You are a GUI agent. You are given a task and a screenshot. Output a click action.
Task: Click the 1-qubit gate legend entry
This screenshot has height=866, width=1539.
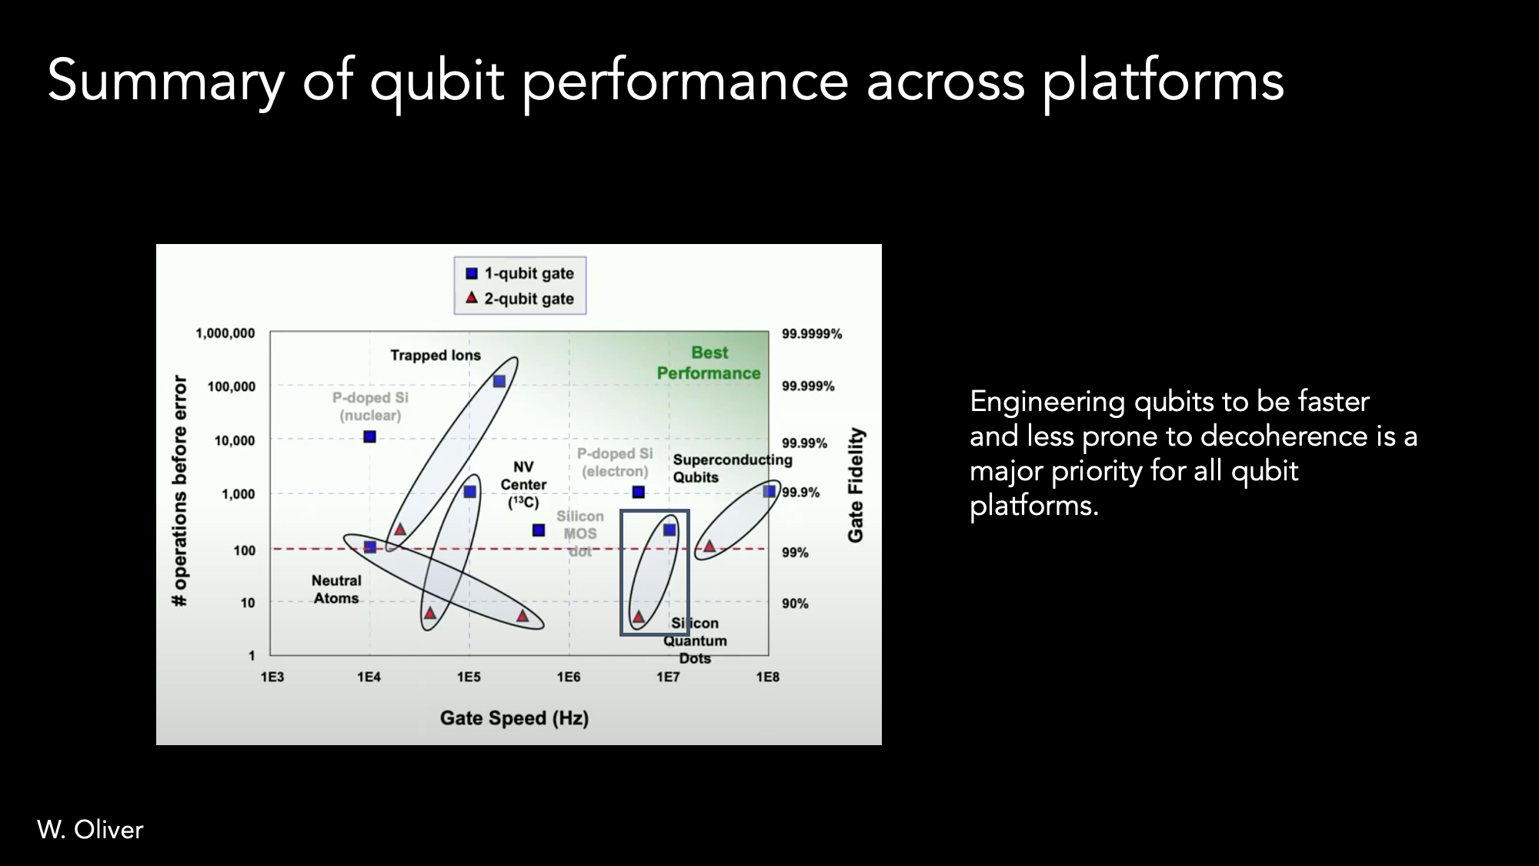[x=520, y=273]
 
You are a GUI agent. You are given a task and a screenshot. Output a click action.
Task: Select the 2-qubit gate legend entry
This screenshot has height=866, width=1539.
[x=520, y=299]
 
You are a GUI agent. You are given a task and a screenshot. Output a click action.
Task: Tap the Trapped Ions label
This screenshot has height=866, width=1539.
[x=436, y=355]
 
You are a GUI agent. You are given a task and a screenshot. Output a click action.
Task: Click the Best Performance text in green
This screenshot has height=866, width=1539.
[x=709, y=363]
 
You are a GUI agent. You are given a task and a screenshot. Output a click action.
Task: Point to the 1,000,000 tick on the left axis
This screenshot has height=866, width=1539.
[x=225, y=333]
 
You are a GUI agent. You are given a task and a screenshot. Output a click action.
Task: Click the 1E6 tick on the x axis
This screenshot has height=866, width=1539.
[x=569, y=677]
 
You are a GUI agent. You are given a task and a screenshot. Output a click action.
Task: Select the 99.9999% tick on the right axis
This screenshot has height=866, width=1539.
[x=812, y=334]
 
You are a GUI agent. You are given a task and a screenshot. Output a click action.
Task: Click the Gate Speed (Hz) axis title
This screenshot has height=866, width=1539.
[x=514, y=718]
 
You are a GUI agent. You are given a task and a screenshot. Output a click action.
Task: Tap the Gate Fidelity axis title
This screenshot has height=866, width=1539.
[x=856, y=485]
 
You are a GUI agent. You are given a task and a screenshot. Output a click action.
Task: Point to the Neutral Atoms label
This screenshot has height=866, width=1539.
[x=336, y=590]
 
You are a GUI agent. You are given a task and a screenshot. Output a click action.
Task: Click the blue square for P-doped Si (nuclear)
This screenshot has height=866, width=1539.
[x=369, y=436]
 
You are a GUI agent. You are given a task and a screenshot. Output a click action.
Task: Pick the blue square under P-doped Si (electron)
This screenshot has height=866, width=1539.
[x=638, y=492]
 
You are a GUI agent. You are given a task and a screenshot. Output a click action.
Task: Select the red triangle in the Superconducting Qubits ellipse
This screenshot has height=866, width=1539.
[x=709, y=547]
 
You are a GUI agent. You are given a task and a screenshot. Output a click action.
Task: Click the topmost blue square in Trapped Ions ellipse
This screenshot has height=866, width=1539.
[x=499, y=381]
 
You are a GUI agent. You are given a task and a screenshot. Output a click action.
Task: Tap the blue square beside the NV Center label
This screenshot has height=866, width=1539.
[x=539, y=530]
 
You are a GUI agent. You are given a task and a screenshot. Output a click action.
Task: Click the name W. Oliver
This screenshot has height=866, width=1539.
[x=90, y=829]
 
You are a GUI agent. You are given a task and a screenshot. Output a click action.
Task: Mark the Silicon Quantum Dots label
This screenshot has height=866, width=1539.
[x=695, y=640]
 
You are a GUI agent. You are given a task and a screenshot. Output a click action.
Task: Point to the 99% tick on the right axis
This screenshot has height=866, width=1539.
[x=795, y=553]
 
